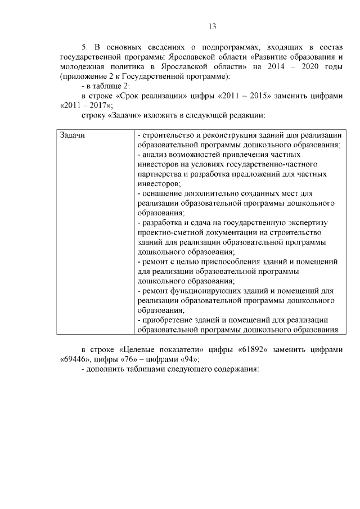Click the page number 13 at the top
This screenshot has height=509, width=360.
pos(212,26)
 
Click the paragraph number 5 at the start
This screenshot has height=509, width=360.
pos(84,47)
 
